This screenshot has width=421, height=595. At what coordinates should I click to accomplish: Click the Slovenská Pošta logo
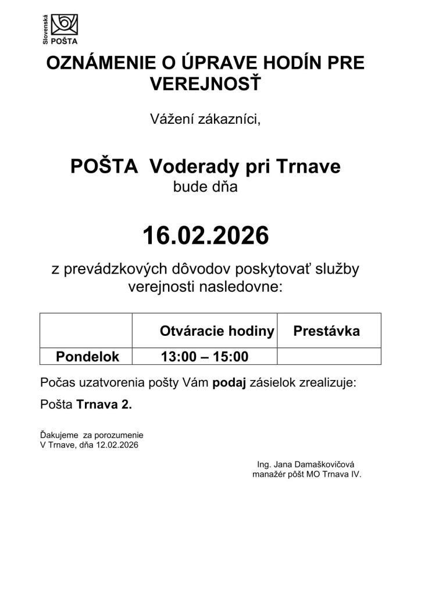(x=60, y=28)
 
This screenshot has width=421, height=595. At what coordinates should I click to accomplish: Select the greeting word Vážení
(x=170, y=119)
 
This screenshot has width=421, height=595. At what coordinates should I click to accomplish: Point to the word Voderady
(x=192, y=167)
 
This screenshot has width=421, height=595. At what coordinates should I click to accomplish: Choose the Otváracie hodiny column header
(x=217, y=331)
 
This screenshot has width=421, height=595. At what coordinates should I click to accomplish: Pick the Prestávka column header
(x=326, y=331)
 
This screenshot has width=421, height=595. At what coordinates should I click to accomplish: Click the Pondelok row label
(x=87, y=356)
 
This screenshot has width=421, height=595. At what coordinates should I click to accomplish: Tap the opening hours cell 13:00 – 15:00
(x=205, y=356)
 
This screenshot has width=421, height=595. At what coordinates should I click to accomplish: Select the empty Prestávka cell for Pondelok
(x=329, y=356)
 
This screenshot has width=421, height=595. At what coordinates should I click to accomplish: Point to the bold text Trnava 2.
(x=104, y=405)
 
